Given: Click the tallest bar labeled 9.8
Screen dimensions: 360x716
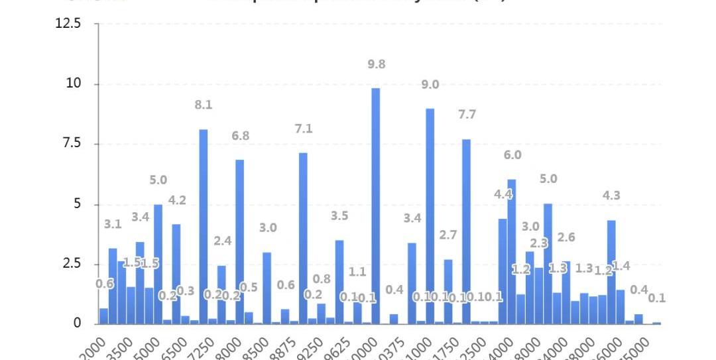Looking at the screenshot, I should (375, 206).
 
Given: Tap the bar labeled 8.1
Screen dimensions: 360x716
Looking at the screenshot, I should (203, 226).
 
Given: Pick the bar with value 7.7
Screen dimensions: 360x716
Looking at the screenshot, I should (466, 231).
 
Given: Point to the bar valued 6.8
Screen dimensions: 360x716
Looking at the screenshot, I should (239, 241).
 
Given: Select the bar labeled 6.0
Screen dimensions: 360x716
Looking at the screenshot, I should (511, 251).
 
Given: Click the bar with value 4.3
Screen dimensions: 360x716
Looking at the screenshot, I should (611, 272).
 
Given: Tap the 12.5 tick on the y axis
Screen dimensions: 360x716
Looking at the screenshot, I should (68, 24).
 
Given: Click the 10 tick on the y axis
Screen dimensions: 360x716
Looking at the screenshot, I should (73, 84).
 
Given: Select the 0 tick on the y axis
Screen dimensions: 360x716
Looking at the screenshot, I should (76, 324).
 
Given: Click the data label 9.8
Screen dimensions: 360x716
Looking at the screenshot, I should (376, 64).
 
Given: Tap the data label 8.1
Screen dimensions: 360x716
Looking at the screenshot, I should (203, 105).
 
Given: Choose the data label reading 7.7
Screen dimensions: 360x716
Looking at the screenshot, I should (467, 115).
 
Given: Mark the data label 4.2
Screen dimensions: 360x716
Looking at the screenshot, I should (176, 200).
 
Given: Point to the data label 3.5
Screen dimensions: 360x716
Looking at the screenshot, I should (339, 215).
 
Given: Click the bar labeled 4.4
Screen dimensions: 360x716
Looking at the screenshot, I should (503, 271).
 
